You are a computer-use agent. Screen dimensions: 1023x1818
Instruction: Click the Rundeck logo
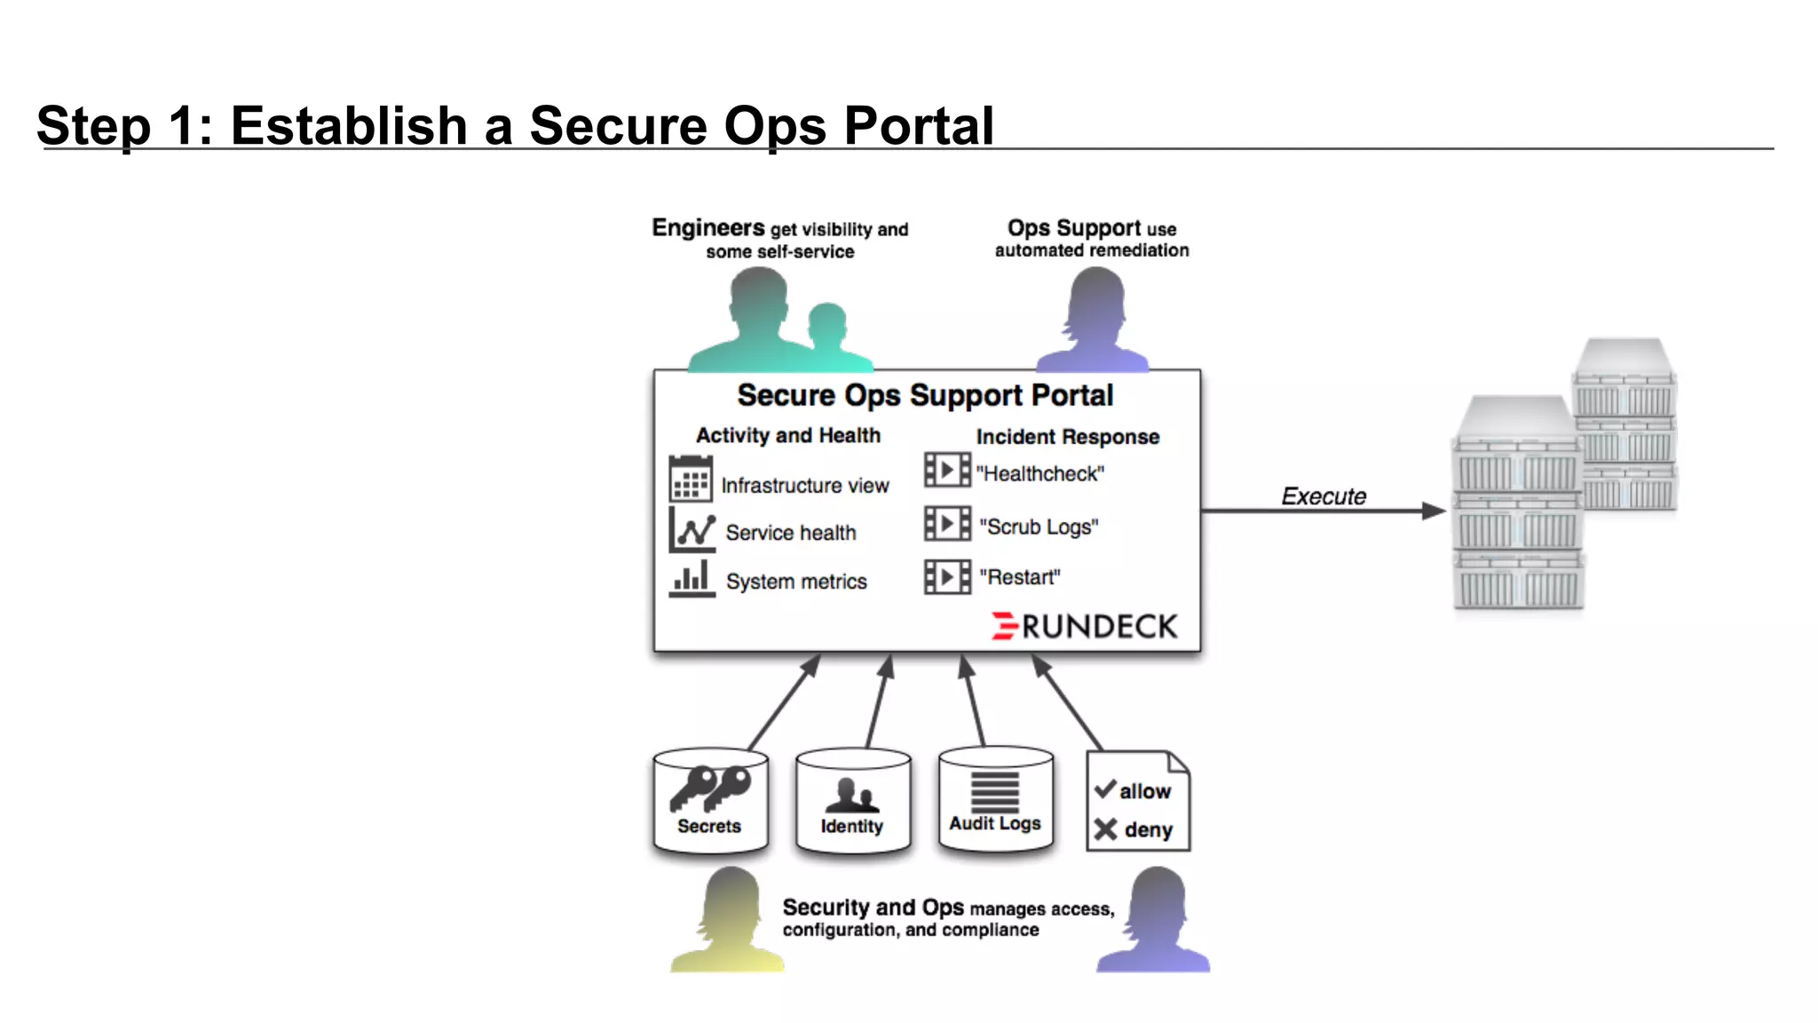click(x=1085, y=626)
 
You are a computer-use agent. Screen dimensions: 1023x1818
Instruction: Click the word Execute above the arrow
click(x=1323, y=496)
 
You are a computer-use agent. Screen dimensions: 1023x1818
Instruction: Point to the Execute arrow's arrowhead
click(x=1432, y=511)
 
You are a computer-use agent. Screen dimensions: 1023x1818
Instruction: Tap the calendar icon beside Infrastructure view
click(x=690, y=479)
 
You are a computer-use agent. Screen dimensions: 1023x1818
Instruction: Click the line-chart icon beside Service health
click(x=692, y=529)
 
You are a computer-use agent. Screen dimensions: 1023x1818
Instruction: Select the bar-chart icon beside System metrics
click(x=692, y=578)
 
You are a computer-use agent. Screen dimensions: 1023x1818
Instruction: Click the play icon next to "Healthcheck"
click(x=946, y=470)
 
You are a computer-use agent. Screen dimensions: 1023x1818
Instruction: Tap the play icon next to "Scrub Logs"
click(x=946, y=523)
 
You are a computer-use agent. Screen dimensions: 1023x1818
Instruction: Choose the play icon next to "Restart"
click(x=946, y=577)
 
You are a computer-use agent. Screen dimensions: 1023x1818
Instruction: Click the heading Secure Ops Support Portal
click(x=924, y=395)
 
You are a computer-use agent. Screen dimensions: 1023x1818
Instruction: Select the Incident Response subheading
click(x=1067, y=437)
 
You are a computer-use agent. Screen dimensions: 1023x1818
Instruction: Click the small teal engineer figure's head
click(x=827, y=321)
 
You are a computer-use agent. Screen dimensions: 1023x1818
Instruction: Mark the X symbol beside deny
click(x=1105, y=829)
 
